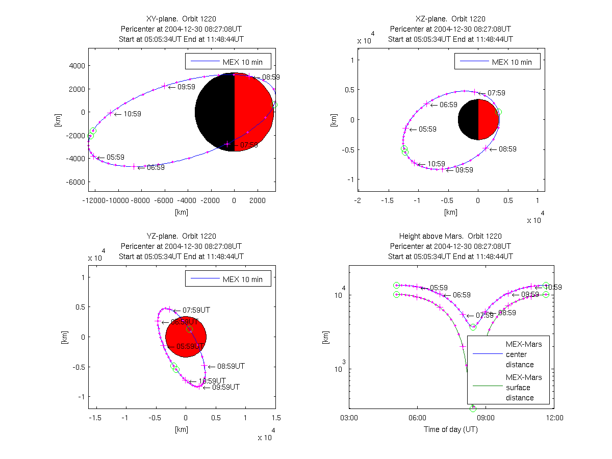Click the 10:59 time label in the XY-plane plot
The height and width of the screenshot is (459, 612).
click(x=131, y=114)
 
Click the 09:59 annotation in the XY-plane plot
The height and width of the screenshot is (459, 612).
click(x=186, y=87)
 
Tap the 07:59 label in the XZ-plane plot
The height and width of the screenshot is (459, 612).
click(x=496, y=93)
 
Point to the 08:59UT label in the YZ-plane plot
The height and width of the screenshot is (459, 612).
click(x=231, y=366)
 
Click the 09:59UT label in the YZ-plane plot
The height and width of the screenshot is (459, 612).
click(x=225, y=387)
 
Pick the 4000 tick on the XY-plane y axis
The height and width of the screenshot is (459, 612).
click(x=77, y=66)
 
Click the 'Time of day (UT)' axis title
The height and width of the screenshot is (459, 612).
click(x=451, y=429)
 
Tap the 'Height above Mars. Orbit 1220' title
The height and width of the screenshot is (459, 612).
click(x=450, y=236)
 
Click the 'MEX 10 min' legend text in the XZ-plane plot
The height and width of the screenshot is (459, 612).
click(x=512, y=62)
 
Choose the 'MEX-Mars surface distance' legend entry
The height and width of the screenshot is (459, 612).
click(x=524, y=388)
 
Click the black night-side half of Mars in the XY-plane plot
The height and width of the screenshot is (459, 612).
click(x=215, y=112)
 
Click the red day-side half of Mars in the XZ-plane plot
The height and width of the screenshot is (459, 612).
click(x=488, y=120)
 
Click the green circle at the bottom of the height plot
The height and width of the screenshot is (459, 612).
click(x=473, y=409)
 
